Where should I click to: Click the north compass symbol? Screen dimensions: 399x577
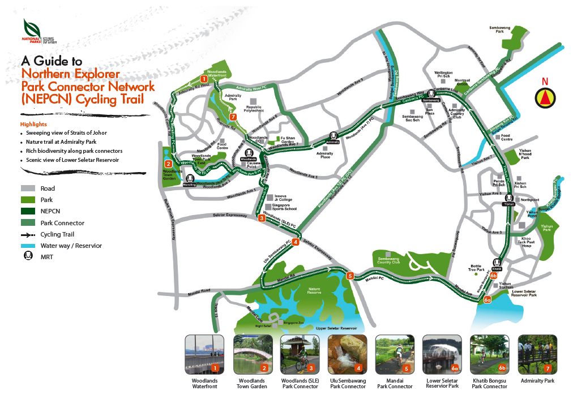(545, 98)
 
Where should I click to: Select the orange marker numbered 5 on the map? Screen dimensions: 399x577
(351, 276)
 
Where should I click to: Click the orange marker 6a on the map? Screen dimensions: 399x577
(488, 299)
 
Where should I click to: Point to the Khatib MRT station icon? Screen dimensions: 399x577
(497, 263)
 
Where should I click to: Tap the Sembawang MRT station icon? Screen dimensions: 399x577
(431, 93)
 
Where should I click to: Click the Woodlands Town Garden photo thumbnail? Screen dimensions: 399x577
(253, 354)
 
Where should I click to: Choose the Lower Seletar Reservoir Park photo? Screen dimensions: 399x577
(442, 354)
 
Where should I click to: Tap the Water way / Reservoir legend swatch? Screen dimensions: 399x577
(28, 246)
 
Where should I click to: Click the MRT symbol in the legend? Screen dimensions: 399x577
(28, 258)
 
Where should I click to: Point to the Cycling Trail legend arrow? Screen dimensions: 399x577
(28, 234)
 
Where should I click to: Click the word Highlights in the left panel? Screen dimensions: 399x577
(33, 124)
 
